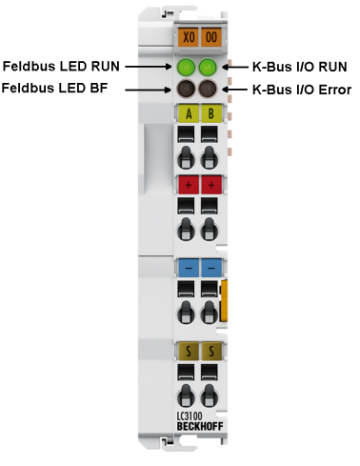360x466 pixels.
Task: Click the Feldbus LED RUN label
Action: (x=62, y=67)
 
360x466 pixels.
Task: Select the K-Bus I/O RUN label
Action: (x=299, y=67)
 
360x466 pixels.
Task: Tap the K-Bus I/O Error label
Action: (x=301, y=90)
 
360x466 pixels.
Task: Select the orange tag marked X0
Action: (x=188, y=38)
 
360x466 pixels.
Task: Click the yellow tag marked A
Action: (x=188, y=115)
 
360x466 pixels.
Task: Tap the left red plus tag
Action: (x=188, y=184)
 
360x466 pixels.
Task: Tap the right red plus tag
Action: (x=211, y=184)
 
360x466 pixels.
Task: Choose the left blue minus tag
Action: (x=188, y=269)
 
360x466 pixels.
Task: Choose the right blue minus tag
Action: (x=211, y=269)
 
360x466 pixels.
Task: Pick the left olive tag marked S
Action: (x=188, y=352)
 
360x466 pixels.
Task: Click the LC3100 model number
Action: (x=191, y=415)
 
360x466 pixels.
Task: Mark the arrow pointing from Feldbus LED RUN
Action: (x=149, y=67)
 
